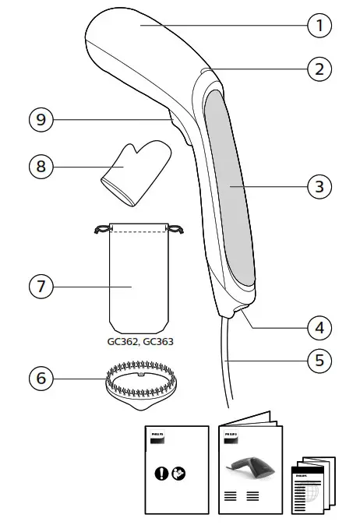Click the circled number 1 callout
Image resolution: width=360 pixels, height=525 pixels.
tap(318, 26)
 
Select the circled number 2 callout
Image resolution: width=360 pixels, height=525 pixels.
tap(318, 69)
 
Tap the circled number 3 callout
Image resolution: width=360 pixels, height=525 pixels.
tap(318, 187)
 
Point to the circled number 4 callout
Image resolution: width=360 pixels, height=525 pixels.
tap(318, 327)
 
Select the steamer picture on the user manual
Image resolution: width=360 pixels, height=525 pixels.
tap(249, 467)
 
